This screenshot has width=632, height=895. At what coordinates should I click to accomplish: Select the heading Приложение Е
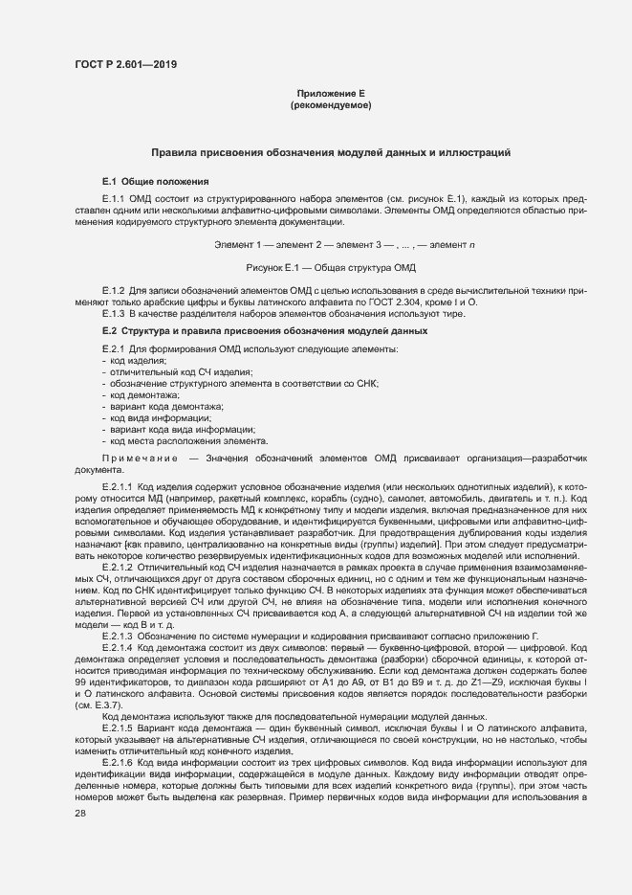tap(330, 94)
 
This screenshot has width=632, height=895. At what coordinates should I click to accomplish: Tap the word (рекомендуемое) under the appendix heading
tap(330, 105)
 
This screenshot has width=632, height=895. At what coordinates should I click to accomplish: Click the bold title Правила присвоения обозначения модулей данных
tap(331, 152)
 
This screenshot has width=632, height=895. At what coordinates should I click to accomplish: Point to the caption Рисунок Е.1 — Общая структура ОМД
tap(330, 266)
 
